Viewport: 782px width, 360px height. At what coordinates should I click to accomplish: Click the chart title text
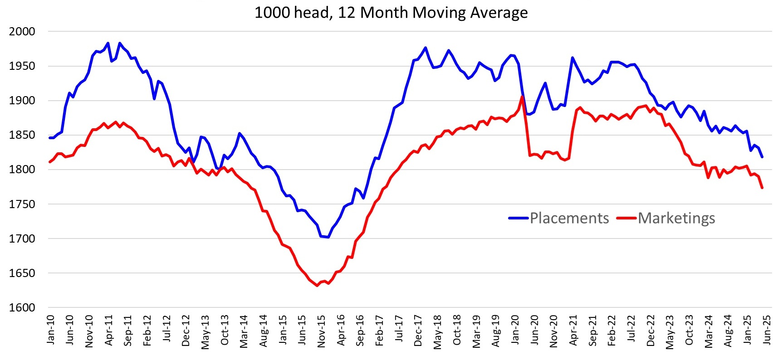click(x=391, y=12)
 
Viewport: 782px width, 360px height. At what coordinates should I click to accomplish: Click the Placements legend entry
click(x=569, y=218)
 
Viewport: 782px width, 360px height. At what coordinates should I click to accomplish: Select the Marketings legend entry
click(x=676, y=218)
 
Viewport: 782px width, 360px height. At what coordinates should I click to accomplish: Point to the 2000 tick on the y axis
click(x=22, y=31)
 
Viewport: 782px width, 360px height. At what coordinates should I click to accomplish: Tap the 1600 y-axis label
click(x=22, y=307)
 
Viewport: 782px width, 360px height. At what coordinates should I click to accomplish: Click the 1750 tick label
click(x=22, y=204)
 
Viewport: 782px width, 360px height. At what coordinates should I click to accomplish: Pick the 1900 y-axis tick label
click(x=22, y=101)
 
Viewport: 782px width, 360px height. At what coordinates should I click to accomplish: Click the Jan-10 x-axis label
click(x=50, y=330)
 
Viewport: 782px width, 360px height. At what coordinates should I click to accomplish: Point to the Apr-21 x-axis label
click(x=573, y=330)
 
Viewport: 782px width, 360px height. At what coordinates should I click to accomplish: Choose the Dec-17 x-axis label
click(x=418, y=331)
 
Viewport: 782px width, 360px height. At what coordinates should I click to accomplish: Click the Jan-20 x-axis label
click(x=515, y=330)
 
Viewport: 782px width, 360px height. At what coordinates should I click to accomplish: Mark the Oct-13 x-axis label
click(x=225, y=330)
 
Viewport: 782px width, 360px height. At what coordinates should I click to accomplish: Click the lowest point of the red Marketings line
click(x=317, y=286)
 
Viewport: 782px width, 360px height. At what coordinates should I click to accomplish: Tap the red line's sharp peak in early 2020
click(x=522, y=96)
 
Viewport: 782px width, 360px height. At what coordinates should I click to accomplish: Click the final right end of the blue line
click(x=762, y=157)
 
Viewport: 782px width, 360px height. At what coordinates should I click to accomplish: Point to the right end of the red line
click(x=762, y=188)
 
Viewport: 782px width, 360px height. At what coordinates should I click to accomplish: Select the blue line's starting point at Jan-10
click(x=50, y=138)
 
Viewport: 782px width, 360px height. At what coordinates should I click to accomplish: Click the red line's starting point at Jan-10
click(x=50, y=162)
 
